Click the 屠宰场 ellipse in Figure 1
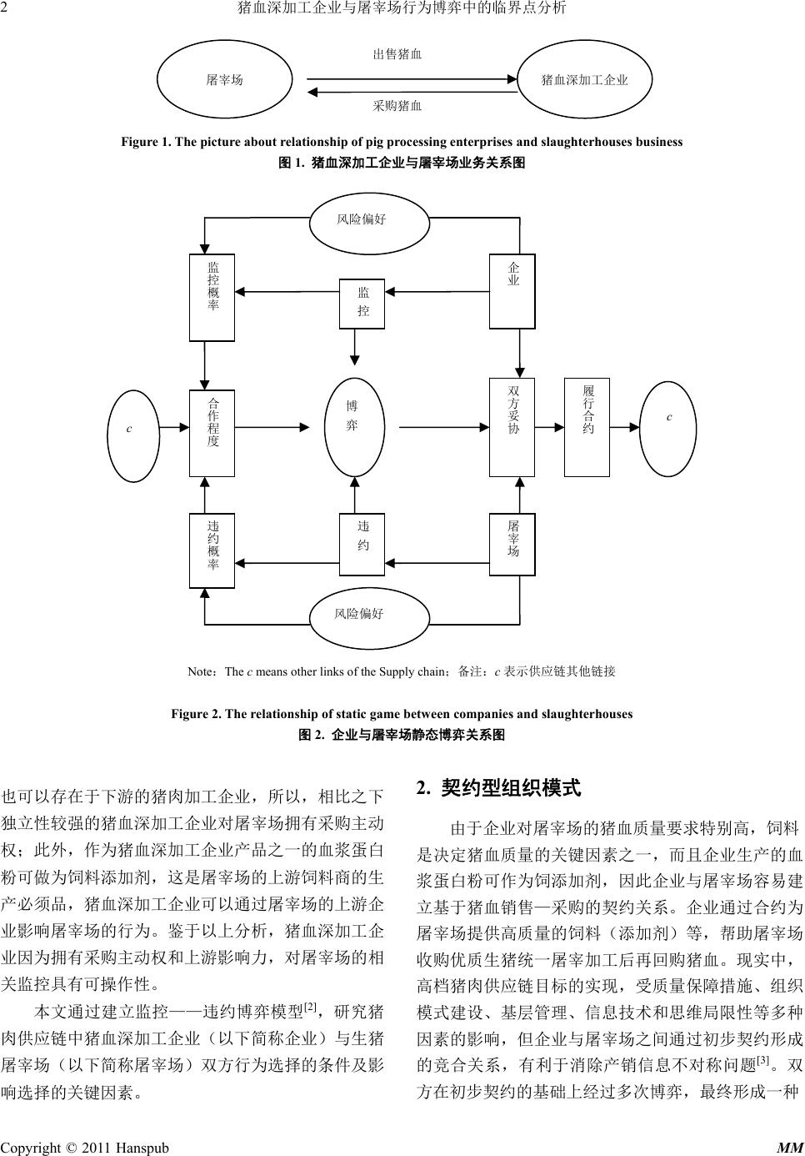(x=224, y=80)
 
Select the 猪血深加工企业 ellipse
(x=584, y=80)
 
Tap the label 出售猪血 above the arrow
(x=397, y=54)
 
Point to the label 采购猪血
(x=397, y=106)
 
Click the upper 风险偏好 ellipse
(x=361, y=220)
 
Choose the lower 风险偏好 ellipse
(x=359, y=614)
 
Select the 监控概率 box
(x=212, y=296)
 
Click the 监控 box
(x=362, y=304)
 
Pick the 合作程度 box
(x=212, y=433)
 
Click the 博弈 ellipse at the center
(x=353, y=426)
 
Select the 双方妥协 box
(x=512, y=426)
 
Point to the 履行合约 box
(x=587, y=426)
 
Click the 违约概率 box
(x=212, y=550)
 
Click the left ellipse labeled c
(x=130, y=430)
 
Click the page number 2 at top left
(x=4, y=8)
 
